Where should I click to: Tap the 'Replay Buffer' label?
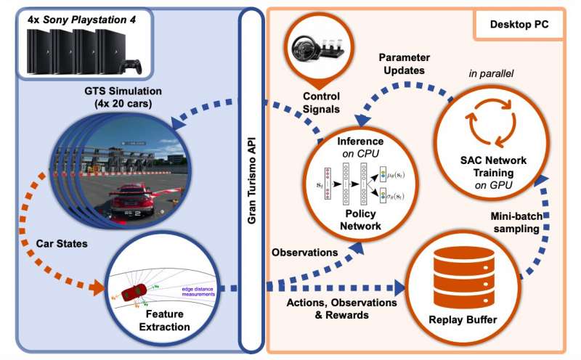pos(455,317)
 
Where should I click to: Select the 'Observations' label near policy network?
pos(305,253)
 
